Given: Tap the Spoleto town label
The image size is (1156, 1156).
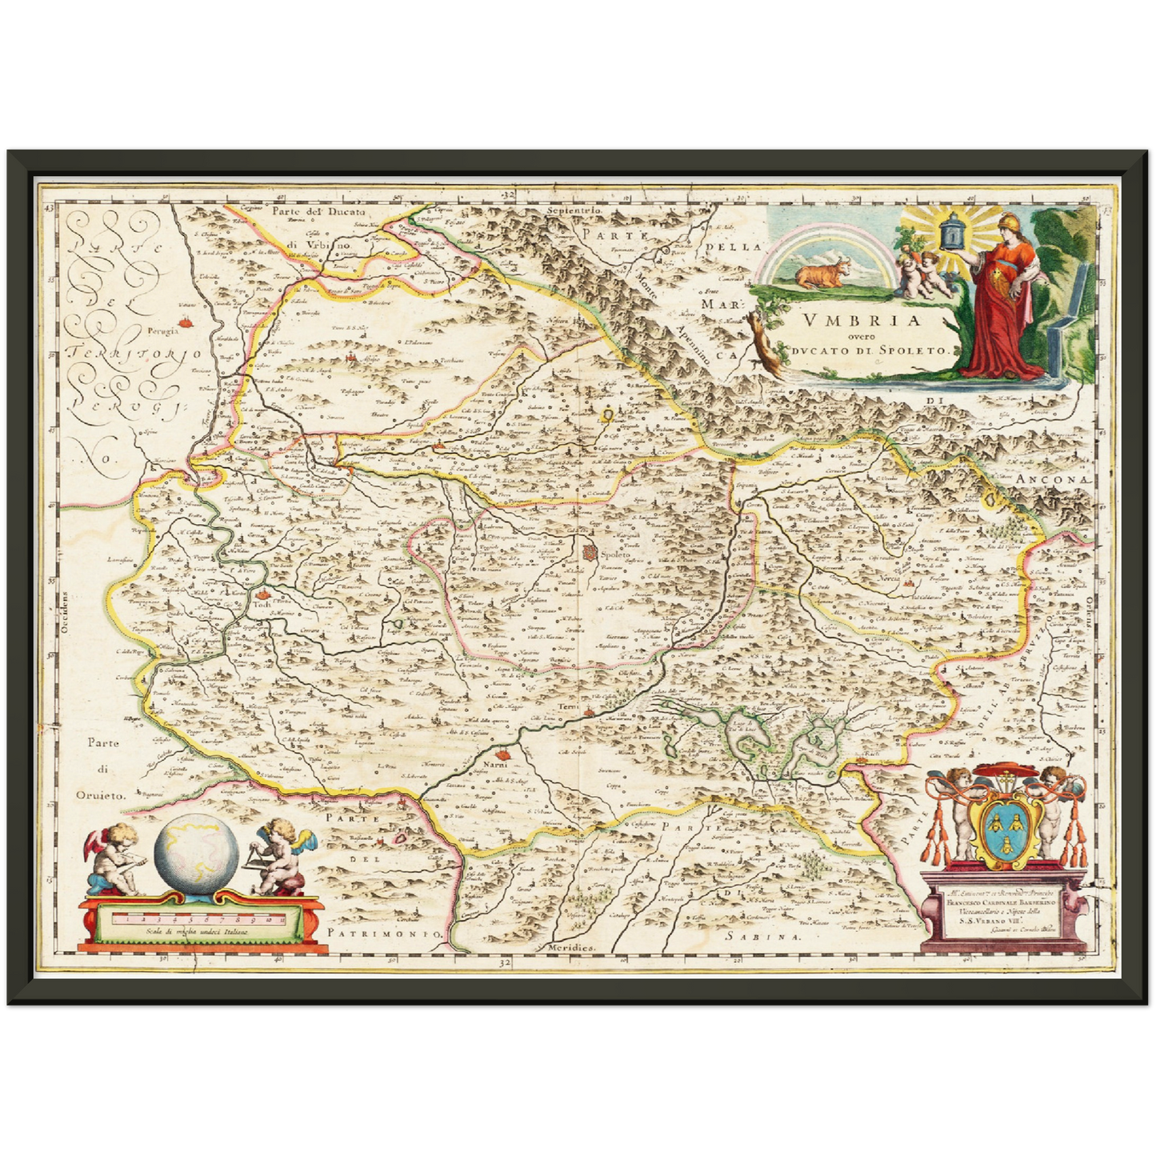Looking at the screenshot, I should [616, 554].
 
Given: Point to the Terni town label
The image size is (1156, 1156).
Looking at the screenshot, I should [568, 707].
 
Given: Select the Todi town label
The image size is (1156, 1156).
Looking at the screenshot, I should [262, 605].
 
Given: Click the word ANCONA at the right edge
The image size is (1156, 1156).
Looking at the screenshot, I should [1054, 478].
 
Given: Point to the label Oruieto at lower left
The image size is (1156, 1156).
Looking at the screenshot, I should [103, 795].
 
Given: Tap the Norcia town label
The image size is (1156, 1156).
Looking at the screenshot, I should [889, 578].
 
